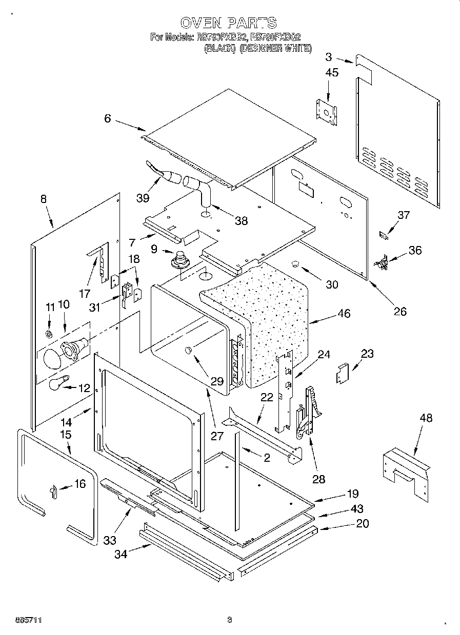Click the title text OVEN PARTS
[x=228, y=23]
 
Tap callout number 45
[x=331, y=73]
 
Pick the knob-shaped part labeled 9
[x=180, y=260]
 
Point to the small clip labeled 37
[x=383, y=234]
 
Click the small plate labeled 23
[x=342, y=374]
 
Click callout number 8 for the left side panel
[x=43, y=199]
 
